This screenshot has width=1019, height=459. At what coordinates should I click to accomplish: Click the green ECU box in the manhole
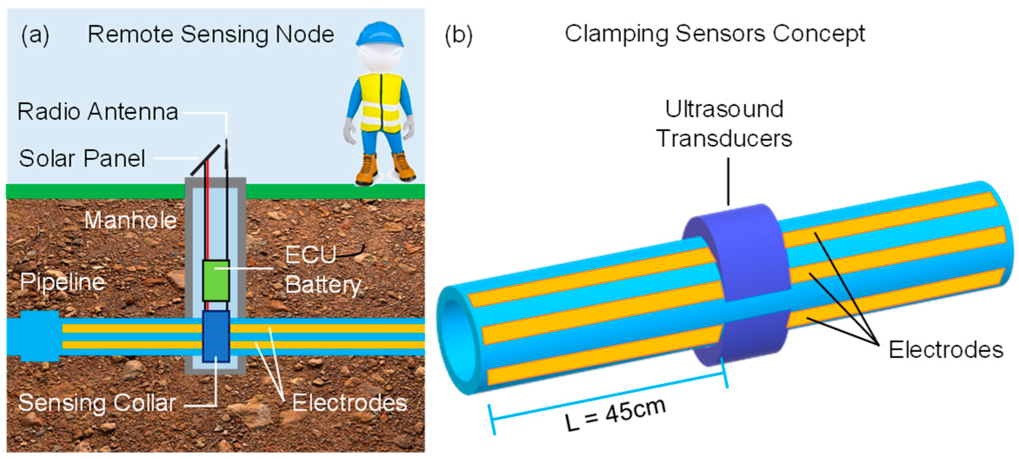click(x=216, y=281)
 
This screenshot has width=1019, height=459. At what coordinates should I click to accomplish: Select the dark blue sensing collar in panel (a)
click(x=216, y=336)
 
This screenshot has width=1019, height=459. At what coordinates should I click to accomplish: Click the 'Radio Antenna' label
click(x=98, y=112)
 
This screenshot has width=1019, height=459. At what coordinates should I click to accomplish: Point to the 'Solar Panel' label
click(x=82, y=159)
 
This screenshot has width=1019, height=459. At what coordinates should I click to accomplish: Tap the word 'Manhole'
click(x=130, y=220)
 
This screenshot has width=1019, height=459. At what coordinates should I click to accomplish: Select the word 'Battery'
click(x=323, y=285)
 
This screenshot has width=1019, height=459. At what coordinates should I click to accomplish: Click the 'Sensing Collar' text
click(x=97, y=403)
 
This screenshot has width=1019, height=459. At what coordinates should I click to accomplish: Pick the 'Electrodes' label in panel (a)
click(x=350, y=403)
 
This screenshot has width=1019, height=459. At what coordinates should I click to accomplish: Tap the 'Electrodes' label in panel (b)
click(x=946, y=350)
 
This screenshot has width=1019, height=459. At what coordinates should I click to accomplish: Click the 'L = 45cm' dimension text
click(x=615, y=414)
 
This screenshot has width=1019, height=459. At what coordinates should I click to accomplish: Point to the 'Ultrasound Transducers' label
click(x=724, y=124)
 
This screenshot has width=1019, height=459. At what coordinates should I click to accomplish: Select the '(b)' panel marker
click(x=458, y=35)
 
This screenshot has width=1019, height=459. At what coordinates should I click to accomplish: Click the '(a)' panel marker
click(x=35, y=35)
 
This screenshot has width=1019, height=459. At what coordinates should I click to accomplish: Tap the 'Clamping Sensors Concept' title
click(x=715, y=34)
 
